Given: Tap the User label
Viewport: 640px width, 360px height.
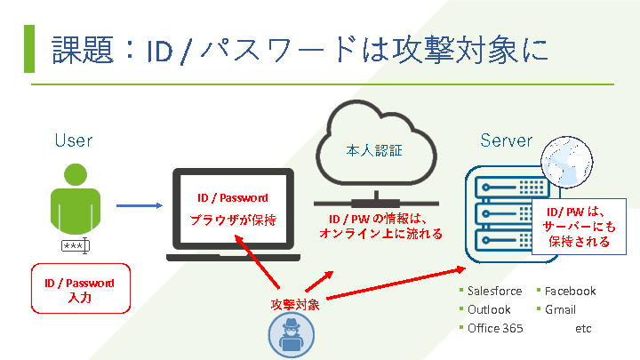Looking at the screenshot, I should [73, 140].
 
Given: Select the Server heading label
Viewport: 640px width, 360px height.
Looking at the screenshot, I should [506, 140].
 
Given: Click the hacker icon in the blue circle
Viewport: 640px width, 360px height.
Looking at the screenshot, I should [291, 337].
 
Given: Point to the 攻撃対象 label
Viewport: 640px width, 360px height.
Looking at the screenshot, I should [295, 304].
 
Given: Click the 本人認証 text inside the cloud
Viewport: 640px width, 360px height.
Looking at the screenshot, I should [373, 151].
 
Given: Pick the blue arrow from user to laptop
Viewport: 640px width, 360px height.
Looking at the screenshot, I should [139, 205].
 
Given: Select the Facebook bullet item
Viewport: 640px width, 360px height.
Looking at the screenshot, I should [570, 291].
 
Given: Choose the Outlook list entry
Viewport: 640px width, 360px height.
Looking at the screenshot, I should [489, 309].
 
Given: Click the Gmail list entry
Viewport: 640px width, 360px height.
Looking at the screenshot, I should [560, 309].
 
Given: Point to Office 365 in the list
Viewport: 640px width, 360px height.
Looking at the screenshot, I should [495, 328].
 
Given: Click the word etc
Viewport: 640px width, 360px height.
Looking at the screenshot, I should [583, 328].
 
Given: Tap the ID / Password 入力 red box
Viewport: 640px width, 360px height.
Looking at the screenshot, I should [80, 290].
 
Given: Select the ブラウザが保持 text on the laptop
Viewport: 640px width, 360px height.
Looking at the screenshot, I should [232, 220].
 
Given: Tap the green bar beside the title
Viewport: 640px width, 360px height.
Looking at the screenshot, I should [29, 49].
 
